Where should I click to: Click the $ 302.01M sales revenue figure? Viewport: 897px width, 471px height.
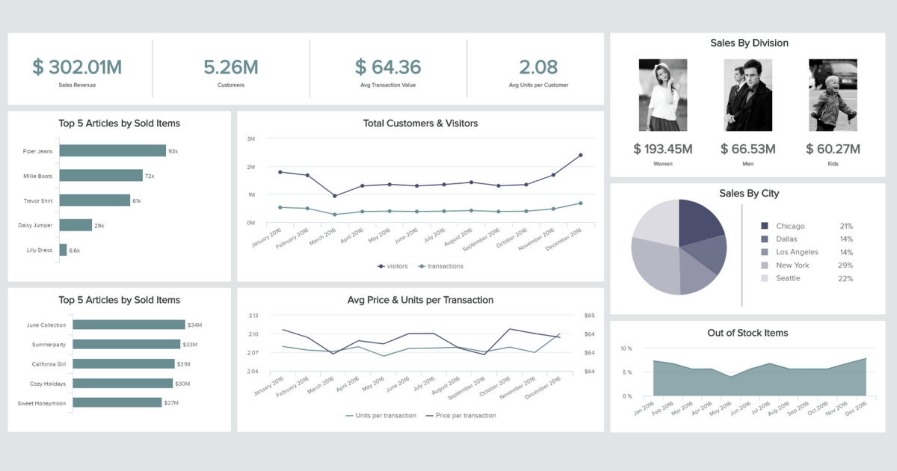(x=77, y=67)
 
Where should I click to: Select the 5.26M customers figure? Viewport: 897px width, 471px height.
(x=231, y=67)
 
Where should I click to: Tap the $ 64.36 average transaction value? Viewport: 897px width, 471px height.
(x=388, y=67)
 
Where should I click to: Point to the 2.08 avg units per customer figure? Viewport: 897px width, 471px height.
(x=538, y=67)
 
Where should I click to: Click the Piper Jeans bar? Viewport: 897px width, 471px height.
(x=112, y=151)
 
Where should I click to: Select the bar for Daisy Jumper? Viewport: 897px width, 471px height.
(x=75, y=225)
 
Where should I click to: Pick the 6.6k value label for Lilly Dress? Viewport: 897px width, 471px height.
(x=75, y=250)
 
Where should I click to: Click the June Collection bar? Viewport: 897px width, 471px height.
(x=122, y=325)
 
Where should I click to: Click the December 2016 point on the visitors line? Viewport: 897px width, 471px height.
(x=580, y=156)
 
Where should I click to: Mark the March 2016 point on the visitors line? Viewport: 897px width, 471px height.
(x=334, y=196)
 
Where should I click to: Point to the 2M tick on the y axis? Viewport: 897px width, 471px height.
(x=250, y=167)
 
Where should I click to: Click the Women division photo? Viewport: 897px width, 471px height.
(x=663, y=95)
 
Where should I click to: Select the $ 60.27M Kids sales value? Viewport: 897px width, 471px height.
(x=833, y=149)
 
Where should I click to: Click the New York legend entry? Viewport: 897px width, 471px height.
(x=792, y=265)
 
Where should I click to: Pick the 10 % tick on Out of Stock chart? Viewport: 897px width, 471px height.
(x=626, y=348)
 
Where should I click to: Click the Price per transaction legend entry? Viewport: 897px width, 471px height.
(x=460, y=416)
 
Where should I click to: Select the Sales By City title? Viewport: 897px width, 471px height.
(x=749, y=194)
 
